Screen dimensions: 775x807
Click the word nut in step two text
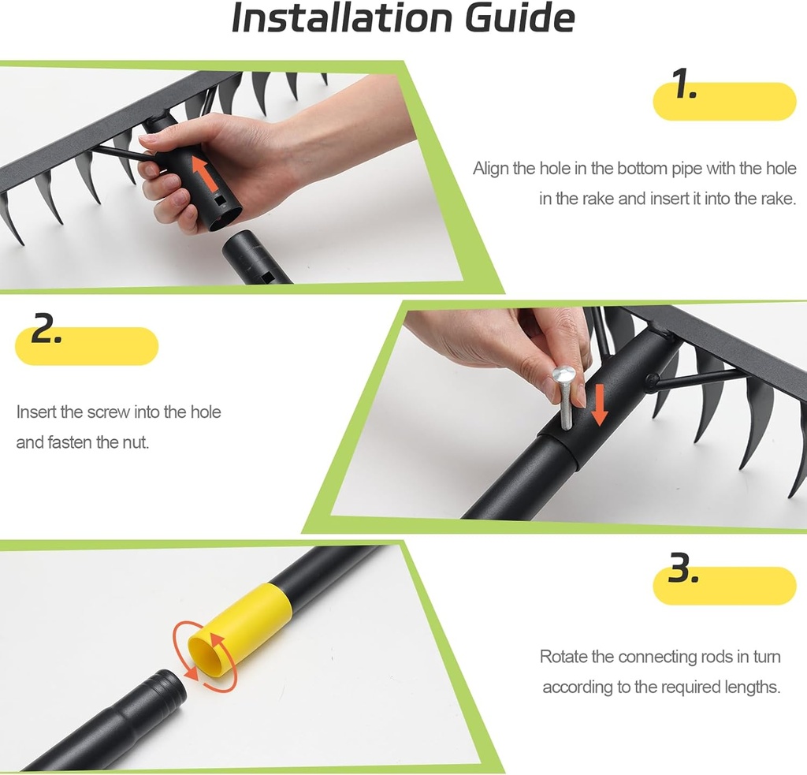(134, 442)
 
